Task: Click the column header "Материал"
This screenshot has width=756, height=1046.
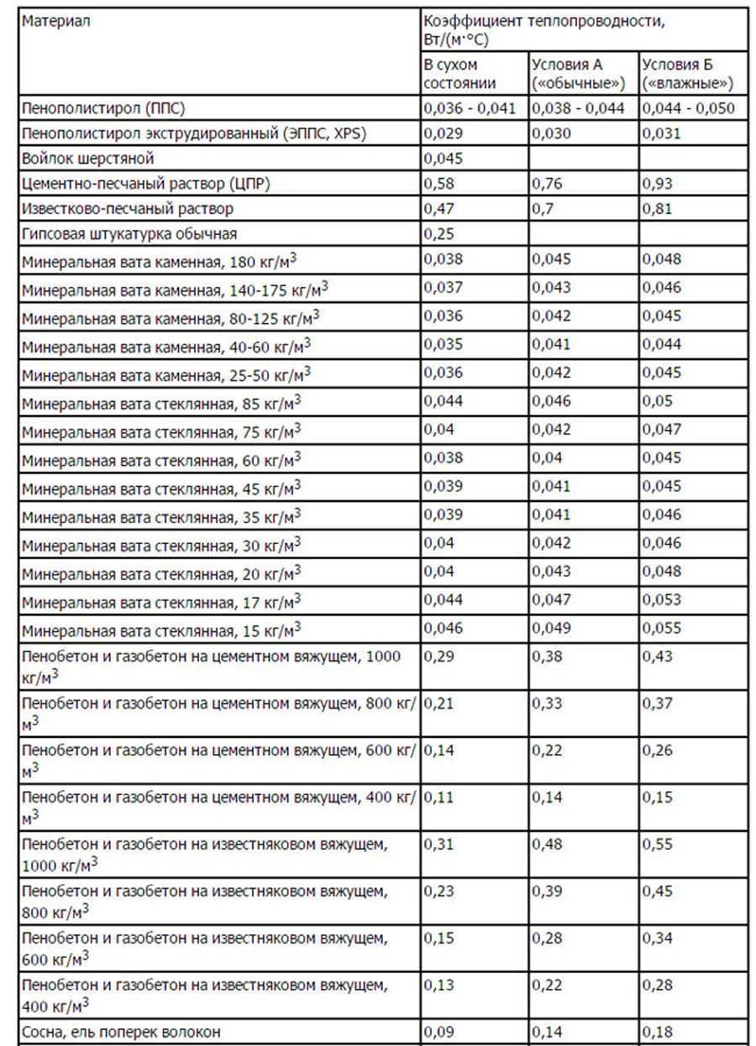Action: (x=55, y=21)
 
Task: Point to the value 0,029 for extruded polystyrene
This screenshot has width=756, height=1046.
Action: (x=442, y=133)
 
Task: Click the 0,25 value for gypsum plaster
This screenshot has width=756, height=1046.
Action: (x=438, y=234)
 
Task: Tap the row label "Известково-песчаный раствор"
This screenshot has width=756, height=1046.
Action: (x=128, y=208)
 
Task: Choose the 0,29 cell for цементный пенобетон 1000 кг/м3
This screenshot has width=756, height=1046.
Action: (x=438, y=656)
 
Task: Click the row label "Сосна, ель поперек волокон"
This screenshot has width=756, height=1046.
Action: (x=122, y=1032)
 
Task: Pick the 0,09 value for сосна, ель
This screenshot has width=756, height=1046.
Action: (x=438, y=1032)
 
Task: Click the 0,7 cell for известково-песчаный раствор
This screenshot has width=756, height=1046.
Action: (x=541, y=208)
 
